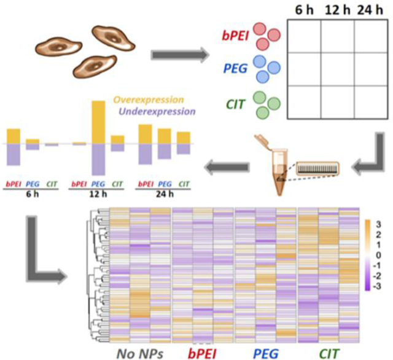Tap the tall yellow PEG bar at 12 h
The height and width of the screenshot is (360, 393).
click(98, 122)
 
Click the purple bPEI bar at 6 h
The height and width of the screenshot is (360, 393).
click(14, 154)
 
